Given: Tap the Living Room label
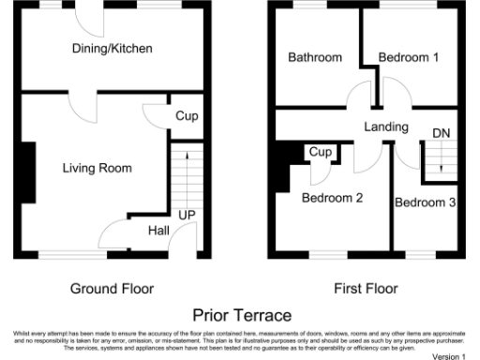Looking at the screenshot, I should click(97, 168).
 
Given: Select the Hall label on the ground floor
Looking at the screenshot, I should click(158, 231).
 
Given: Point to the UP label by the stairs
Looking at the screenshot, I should click(187, 216).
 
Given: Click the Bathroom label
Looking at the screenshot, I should click(314, 57).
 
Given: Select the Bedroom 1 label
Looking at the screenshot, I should click(408, 57).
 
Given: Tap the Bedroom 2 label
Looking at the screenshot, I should click(332, 198).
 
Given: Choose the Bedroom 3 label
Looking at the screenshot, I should click(425, 202).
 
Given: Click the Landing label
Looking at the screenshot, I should click(386, 127).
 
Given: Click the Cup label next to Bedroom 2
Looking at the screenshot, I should click(321, 152).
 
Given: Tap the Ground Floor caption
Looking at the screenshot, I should click(112, 288).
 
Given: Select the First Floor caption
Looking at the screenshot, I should click(366, 288).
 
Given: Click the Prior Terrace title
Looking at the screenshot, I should click(242, 315).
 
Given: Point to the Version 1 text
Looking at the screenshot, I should click(448, 356).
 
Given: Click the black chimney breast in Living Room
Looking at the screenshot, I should click(28, 172).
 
